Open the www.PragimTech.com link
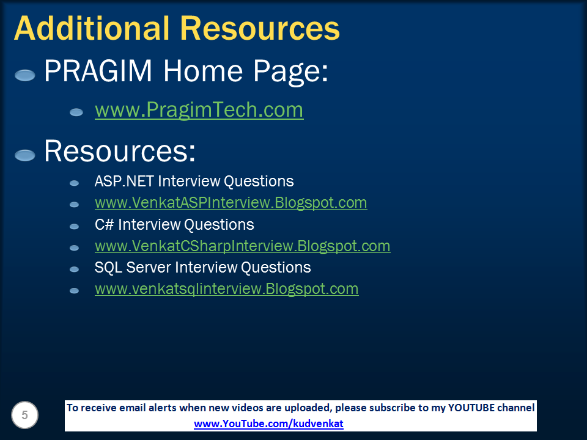199,110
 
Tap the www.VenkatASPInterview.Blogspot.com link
231,202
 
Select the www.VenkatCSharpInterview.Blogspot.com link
242,246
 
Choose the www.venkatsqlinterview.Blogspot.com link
226,289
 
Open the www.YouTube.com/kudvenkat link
268,424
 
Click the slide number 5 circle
24,416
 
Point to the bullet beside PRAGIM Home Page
25,75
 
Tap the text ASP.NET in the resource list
124,182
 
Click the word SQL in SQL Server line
108,268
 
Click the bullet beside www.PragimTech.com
76,112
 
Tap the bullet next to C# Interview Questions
75,226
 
